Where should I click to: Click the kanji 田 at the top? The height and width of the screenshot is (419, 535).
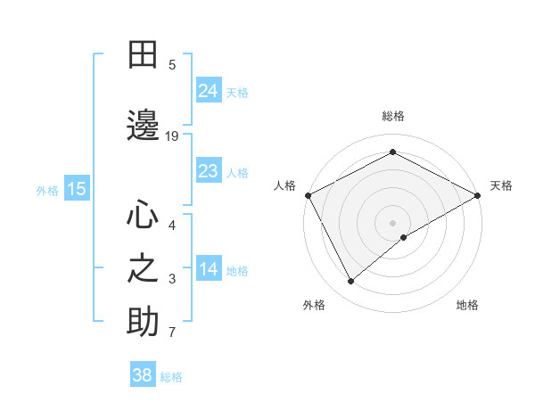(x=143, y=54)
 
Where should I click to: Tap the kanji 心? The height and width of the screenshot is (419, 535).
(x=143, y=215)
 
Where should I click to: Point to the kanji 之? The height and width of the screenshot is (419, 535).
(x=143, y=268)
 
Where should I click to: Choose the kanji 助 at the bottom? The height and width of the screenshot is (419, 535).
(x=143, y=322)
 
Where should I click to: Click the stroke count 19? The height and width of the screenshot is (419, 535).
(x=172, y=136)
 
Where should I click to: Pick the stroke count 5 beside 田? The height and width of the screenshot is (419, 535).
(x=172, y=64)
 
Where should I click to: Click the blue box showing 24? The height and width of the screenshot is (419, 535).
(x=209, y=91)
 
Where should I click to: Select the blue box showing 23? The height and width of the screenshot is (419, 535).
(x=209, y=171)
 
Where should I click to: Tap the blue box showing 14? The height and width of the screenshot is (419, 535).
(x=209, y=269)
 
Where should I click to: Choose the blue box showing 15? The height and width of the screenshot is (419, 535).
(x=77, y=188)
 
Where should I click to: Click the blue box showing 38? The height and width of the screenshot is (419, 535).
(x=143, y=375)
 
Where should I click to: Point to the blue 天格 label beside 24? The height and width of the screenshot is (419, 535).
(x=237, y=93)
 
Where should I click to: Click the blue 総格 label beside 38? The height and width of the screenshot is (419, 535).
(x=171, y=377)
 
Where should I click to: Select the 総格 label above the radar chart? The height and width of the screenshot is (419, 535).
(x=393, y=116)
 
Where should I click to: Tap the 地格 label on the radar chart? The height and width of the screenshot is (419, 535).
(x=467, y=305)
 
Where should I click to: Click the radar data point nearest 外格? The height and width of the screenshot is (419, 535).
(x=351, y=281)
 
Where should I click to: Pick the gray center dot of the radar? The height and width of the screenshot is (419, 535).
(x=392, y=222)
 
